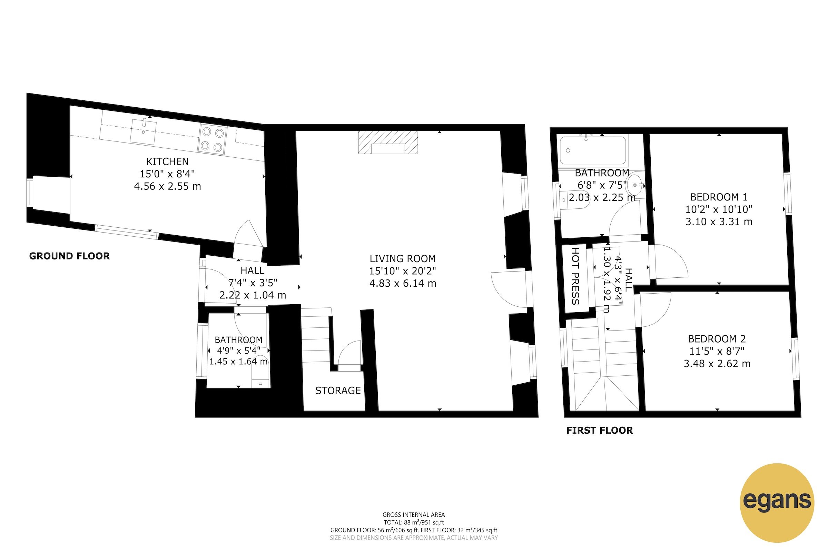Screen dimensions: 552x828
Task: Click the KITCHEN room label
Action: [x=167, y=161]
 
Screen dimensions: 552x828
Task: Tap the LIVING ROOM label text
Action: [x=402, y=259]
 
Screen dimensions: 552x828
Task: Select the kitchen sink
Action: [x=143, y=132]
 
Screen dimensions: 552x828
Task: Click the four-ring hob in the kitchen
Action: [x=213, y=139]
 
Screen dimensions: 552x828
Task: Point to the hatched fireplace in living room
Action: [x=388, y=142]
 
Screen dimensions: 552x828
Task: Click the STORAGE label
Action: [x=338, y=391]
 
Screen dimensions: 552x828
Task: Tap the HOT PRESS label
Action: [x=575, y=276]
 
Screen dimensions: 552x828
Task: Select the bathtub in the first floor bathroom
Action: [x=593, y=151]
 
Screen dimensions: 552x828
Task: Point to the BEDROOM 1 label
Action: [x=719, y=197]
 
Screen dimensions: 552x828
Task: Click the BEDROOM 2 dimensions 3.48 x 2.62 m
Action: [x=717, y=364]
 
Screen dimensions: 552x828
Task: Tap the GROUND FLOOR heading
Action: [x=69, y=256]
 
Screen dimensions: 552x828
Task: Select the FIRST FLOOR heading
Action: [x=600, y=430]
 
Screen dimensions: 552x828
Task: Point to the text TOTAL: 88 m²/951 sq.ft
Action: [x=414, y=522]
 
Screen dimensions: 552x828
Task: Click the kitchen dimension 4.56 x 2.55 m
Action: [x=167, y=186]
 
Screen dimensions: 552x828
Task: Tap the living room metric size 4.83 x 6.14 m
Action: [x=402, y=283]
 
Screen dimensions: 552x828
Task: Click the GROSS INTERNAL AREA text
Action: [x=414, y=515]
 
